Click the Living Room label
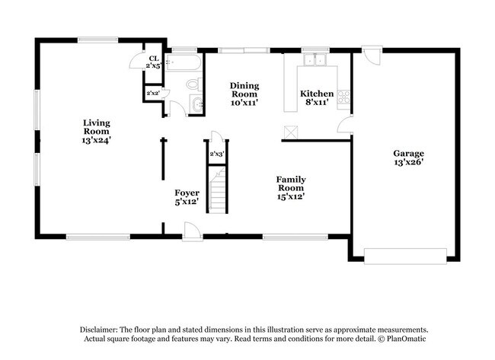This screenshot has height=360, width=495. (97, 131)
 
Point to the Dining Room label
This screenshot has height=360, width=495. (244, 94)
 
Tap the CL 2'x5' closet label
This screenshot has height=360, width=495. (153, 62)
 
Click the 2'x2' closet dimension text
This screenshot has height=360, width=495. (152, 94)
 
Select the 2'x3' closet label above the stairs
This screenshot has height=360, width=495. (217, 155)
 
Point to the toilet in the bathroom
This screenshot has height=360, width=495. (193, 84)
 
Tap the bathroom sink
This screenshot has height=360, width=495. (198, 106)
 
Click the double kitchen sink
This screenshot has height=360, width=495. (313, 59)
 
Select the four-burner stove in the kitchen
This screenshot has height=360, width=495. (343, 97)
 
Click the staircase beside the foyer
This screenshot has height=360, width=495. (219, 193)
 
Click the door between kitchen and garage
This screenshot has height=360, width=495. (347, 126)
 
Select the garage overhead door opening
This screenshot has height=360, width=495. (405, 256)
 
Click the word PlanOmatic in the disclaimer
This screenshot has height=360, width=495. (402, 338)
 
